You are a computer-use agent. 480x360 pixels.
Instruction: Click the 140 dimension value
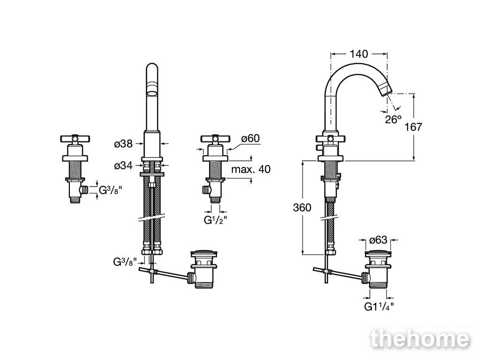pyautogui.click(x=359, y=54)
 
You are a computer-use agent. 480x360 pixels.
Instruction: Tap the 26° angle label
pyautogui.click(x=393, y=120)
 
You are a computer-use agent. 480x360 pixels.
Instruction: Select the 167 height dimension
pyautogui.click(x=413, y=127)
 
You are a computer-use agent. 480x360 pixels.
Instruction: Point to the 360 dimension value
pyautogui.click(x=302, y=208)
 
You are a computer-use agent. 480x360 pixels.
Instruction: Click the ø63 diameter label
pyautogui.click(x=378, y=240)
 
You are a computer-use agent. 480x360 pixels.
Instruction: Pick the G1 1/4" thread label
pyautogui.click(x=379, y=307)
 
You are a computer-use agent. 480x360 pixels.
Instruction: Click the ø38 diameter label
pyautogui.click(x=123, y=143)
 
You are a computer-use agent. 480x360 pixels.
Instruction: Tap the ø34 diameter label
pyautogui.click(x=123, y=165)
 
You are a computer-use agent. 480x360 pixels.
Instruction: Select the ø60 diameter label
pyautogui.click(x=250, y=138)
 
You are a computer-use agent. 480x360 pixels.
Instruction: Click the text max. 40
pyautogui.click(x=251, y=169)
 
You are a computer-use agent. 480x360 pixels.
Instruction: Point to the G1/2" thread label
pyautogui.click(x=216, y=220)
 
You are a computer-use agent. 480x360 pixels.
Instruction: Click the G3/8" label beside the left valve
pyautogui.click(x=111, y=190)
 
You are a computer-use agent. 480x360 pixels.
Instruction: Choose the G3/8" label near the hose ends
pyautogui.click(x=125, y=262)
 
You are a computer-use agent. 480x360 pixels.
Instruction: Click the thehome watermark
pyautogui.click(x=420, y=339)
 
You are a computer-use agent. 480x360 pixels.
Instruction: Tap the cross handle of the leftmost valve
pyautogui.click(x=75, y=139)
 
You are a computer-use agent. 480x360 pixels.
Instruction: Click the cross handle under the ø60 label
pyautogui.click(x=215, y=139)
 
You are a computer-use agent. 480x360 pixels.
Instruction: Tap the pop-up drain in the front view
pyautogui.click(x=203, y=270)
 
